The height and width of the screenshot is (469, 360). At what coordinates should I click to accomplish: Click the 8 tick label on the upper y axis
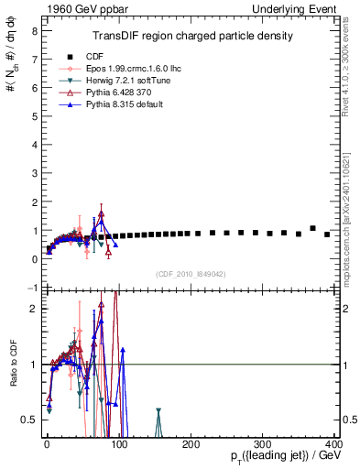click(x=33, y=30)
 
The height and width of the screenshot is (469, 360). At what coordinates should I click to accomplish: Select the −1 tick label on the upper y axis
click(x=31, y=288)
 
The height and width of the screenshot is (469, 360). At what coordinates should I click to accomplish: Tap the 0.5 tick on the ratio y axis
click(x=29, y=420)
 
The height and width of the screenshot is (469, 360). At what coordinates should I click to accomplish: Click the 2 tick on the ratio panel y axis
click(x=33, y=309)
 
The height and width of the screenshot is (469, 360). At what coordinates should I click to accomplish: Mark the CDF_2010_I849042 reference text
click(x=191, y=274)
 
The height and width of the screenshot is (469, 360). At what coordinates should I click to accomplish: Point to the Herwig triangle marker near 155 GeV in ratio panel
click(x=158, y=412)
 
